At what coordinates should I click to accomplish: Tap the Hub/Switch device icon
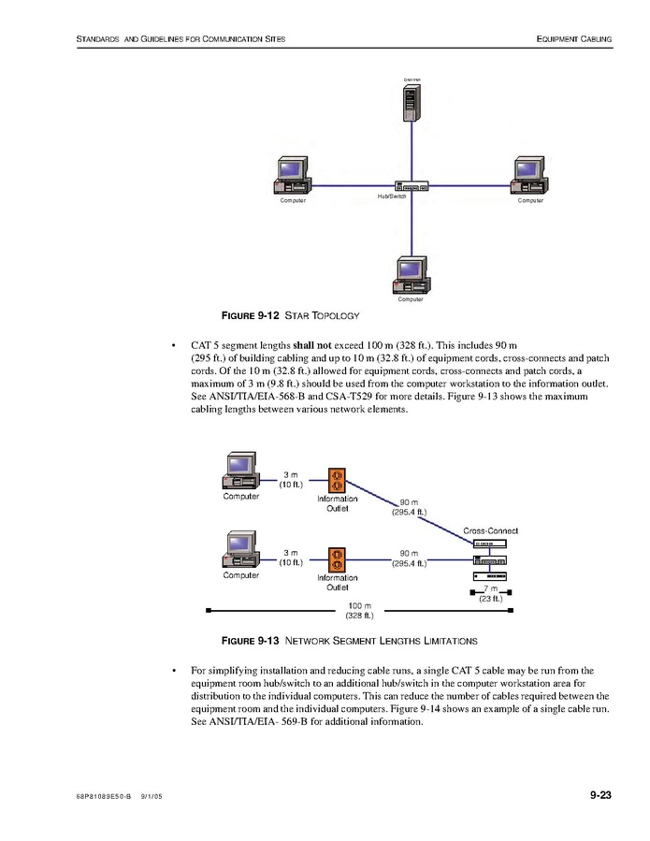coord(412,186)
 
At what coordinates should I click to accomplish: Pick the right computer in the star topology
coord(530,174)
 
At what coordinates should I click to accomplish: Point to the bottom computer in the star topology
coord(411,273)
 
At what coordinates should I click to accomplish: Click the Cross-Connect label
coord(490,531)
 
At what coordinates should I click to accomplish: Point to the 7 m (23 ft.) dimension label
coord(490,593)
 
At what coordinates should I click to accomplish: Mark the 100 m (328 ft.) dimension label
coord(360,611)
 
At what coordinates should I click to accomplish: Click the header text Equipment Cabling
coord(574,39)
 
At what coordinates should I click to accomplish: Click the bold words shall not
coord(315,345)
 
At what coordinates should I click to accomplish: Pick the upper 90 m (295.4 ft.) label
coord(409,507)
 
